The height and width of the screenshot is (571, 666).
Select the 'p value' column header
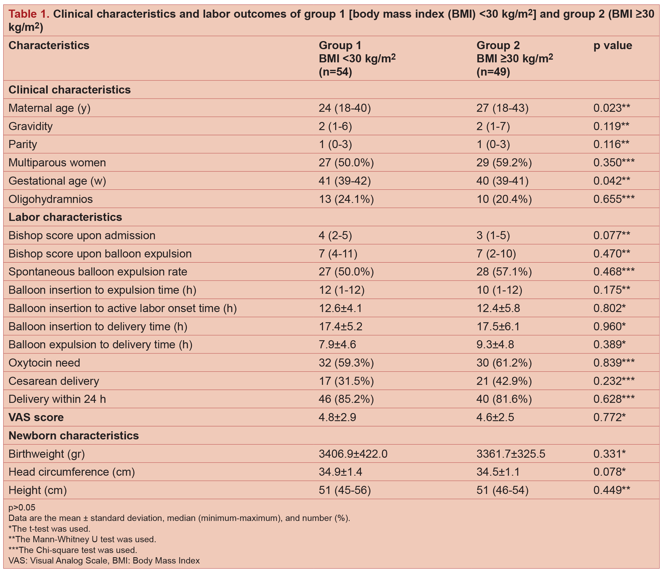click(x=612, y=45)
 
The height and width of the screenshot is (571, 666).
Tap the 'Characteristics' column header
click(x=49, y=45)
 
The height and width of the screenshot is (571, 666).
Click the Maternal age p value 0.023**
click(x=611, y=108)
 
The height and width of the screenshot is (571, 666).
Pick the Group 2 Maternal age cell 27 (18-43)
click(x=502, y=108)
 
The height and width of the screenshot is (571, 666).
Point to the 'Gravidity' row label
click(x=31, y=126)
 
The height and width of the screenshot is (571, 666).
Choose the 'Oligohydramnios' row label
click(x=50, y=199)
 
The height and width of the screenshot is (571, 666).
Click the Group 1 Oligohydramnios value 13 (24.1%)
click(x=346, y=199)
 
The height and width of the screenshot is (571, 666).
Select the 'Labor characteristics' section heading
click(x=65, y=217)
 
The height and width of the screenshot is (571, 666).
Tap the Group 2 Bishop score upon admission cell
click(x=493, y=236)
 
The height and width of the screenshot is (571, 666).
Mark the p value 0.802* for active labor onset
click(x=609, y=308)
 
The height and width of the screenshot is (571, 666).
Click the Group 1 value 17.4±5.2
click(x=340, y=326)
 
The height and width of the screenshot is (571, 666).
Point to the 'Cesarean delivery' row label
click(x=54, y=381)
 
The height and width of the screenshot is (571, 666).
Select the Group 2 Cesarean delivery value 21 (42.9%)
click(x=504, y=381)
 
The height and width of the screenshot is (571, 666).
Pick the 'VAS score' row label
click(x=36, y=418)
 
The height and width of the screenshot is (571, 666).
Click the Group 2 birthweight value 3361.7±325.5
click(x=510, y=454)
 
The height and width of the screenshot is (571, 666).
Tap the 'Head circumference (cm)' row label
click(x=71, y=472)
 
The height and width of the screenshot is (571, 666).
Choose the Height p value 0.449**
click(x=611, y=490)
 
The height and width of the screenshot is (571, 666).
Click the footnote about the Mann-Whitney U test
click(x=82, y=539)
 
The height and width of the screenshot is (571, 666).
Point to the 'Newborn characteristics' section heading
click(x=73, y=436)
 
